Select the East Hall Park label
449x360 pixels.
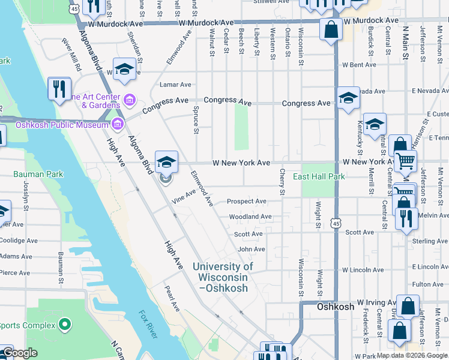pos(319,177)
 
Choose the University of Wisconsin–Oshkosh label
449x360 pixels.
pos(223,277)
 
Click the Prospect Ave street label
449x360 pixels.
pos(247,202)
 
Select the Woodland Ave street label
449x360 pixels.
pos(250,217)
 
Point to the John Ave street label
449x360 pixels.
pos(251,249)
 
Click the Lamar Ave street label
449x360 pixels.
pos(175,85)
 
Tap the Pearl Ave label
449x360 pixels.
pos(172,298)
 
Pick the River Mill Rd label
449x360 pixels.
pos(71,56)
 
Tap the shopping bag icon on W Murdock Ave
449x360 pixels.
pos(330,29)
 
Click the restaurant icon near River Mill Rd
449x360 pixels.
pos(59,89)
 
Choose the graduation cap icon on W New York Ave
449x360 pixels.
pos(166,162)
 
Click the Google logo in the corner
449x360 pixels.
pos(20,353)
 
